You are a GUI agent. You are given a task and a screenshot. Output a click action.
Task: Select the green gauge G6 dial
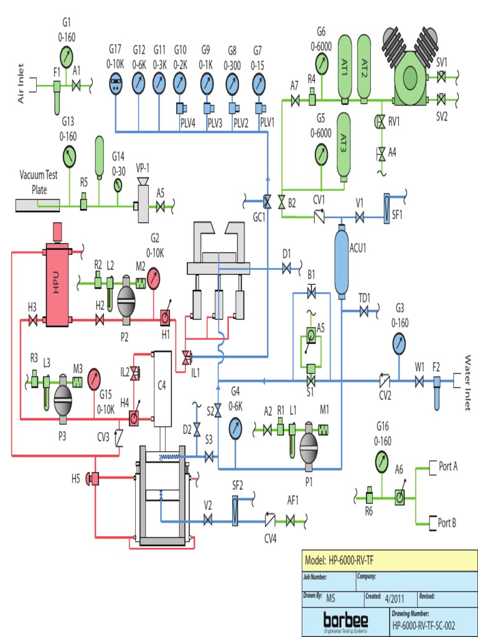coord(321,62)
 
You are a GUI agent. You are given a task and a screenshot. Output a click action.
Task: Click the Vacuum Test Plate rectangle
coord(37,205)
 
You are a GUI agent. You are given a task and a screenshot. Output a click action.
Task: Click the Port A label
coord(448,467)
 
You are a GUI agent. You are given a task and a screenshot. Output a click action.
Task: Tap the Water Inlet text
coord(469,383)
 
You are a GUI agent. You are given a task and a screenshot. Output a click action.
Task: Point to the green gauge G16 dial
coord(382,461)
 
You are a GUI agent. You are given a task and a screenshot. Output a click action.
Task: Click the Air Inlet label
coord(21,83)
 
